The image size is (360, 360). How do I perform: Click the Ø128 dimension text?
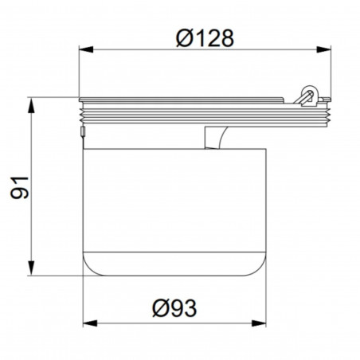coord(205,38)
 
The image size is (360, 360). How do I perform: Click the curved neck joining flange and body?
coord(214,136)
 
